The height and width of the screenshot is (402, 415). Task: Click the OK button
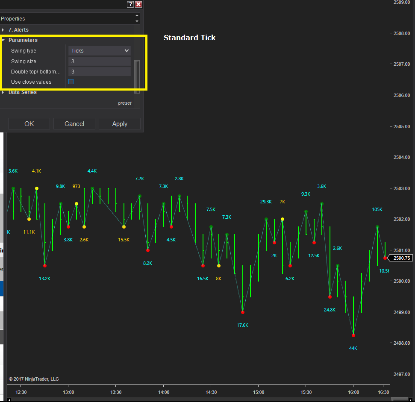click(29, 124)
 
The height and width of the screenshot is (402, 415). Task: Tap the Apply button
click(120, 124)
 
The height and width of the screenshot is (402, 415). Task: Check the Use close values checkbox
click(71, 82)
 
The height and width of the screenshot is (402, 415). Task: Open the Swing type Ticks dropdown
click(100, 50)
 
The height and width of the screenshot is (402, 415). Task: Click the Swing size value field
click(100, 62)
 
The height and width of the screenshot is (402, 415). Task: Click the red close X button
click(138, 4)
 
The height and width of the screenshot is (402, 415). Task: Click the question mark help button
click(130, 4)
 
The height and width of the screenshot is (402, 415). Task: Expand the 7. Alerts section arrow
click(3, 30)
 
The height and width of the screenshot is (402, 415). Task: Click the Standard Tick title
click(189, 38)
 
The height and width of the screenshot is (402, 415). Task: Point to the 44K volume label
click(353, 348)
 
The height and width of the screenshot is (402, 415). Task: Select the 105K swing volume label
click(377, 209)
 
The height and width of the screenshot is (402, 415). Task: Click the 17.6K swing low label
click(242, 325)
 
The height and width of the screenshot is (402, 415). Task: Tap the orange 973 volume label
click(76, 186)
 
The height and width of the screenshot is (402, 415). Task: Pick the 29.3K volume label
click(266, 202)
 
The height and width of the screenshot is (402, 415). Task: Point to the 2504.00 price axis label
click(401, 157)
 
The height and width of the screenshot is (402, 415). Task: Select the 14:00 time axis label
click(164, 392)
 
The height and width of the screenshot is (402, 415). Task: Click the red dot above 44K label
click(353, 335)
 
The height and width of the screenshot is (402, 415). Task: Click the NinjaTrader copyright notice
click(34, 379)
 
